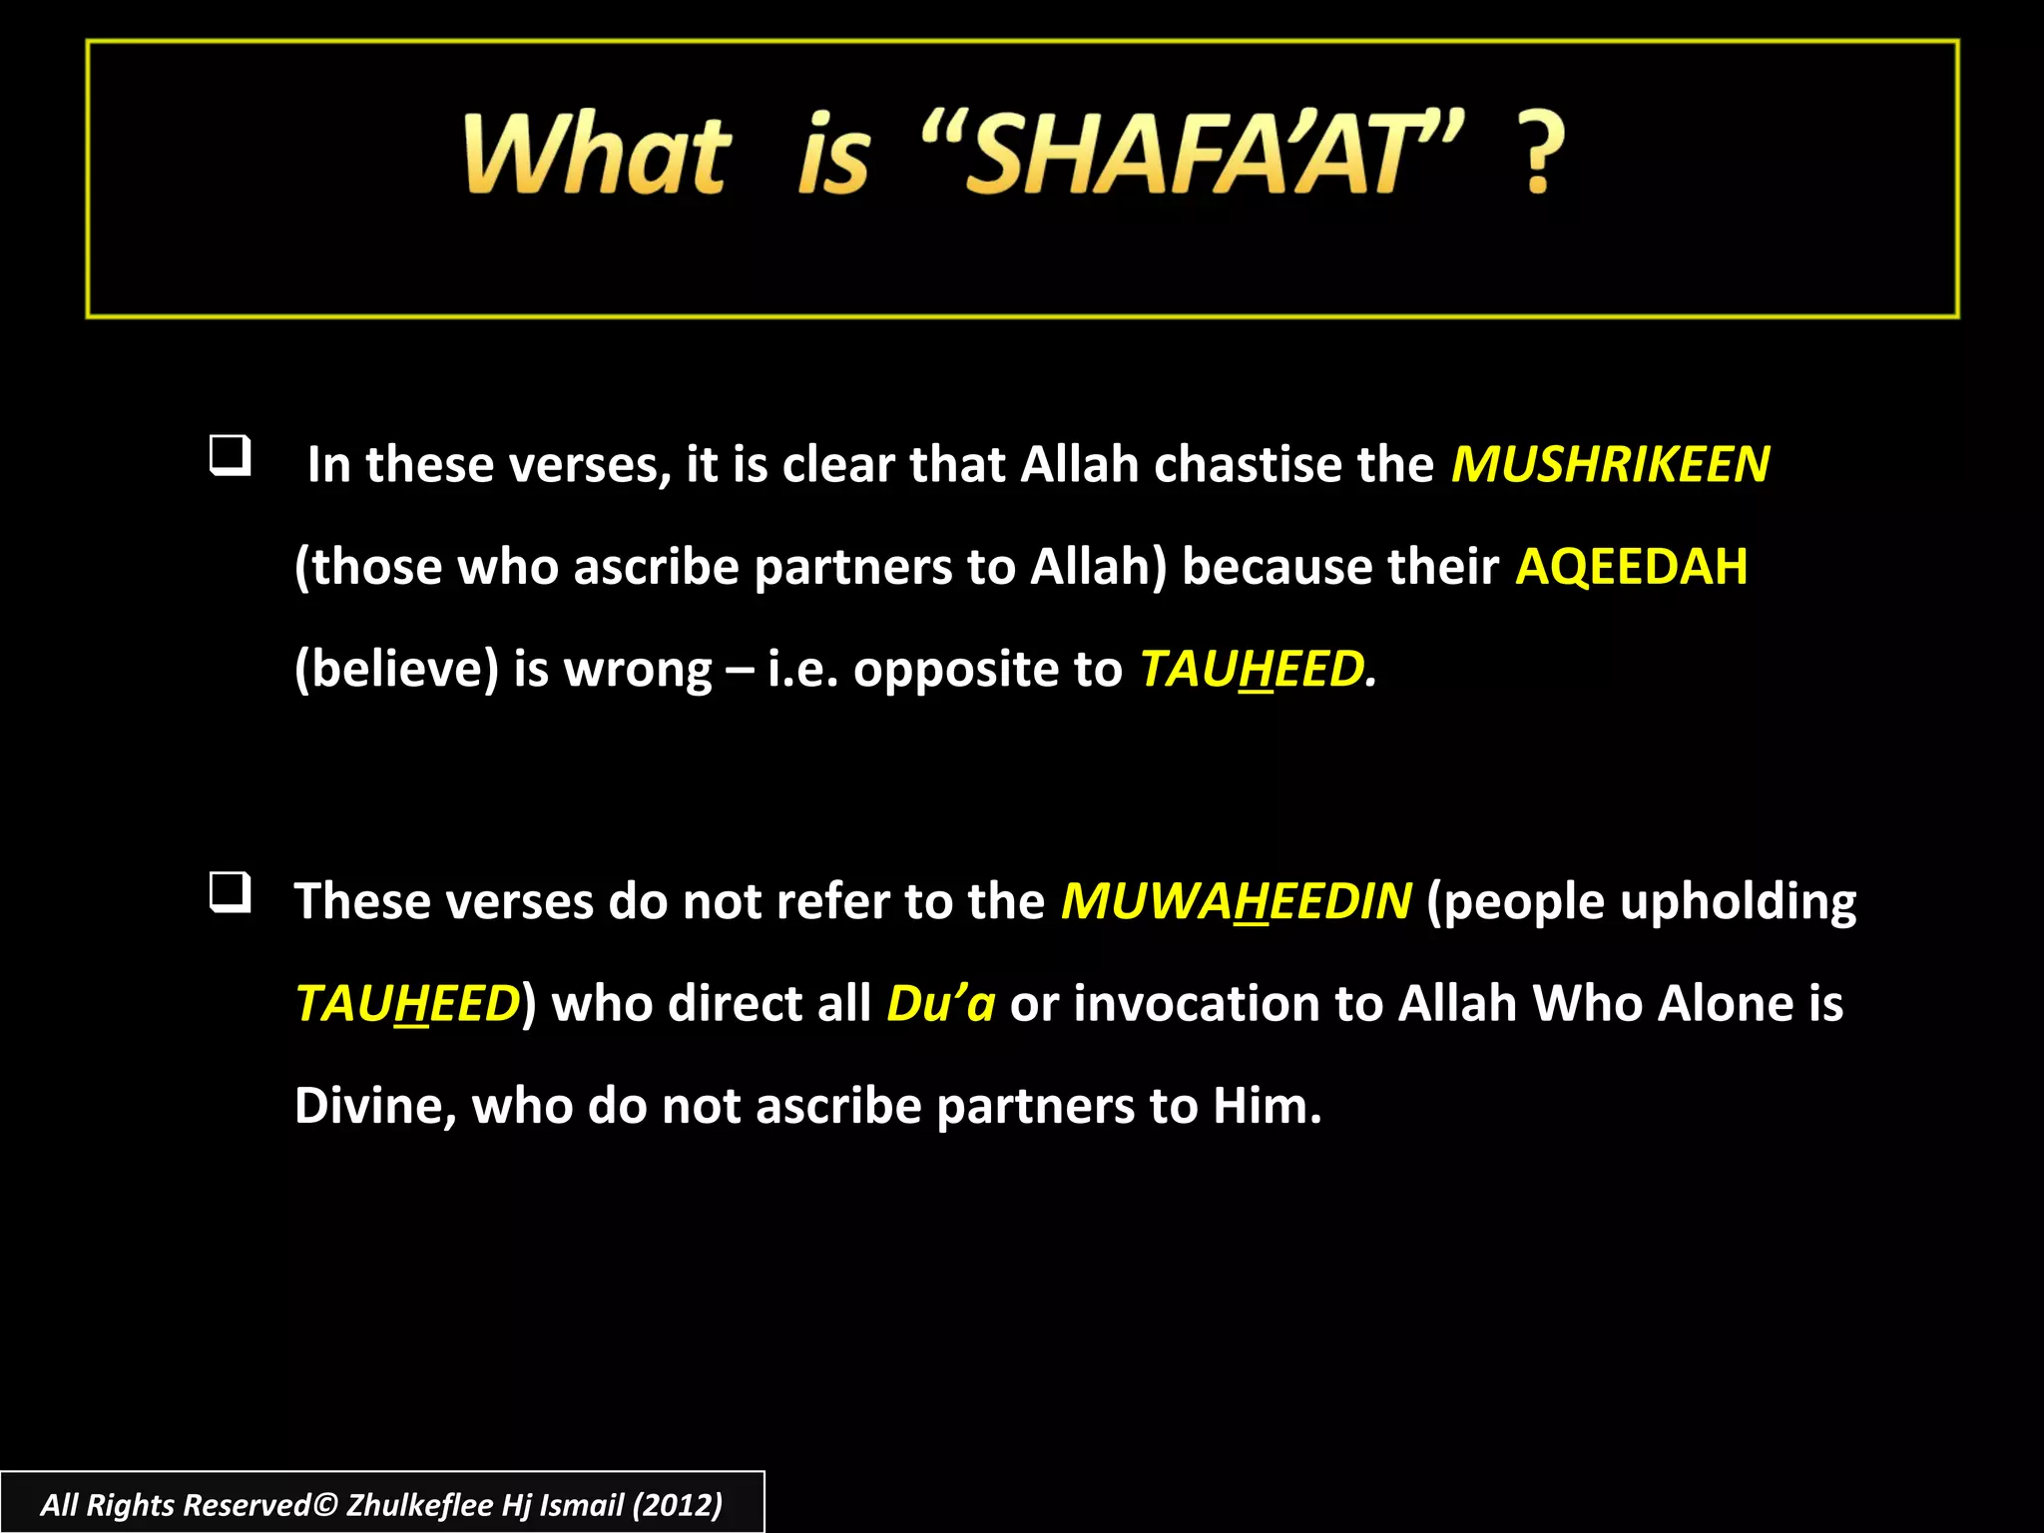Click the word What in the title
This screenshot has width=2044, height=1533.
coord(597,154)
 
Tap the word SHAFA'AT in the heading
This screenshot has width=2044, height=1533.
coord(1193,154)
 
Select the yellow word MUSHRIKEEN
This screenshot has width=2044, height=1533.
coord(1610,465)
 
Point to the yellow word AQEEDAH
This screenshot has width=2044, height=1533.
coord(1631,567)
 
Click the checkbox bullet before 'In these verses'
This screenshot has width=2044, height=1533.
coord(230,456)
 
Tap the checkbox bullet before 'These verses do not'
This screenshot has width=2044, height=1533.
coord(230,892)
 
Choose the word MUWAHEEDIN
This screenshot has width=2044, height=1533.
coord(1236,902)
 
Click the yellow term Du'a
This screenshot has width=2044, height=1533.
coord(940,1004)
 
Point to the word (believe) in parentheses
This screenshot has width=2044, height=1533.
coord(396,669)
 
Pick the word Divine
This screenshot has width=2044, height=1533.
coord(375,1107)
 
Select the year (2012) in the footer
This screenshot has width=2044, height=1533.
coord(677,1505)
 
